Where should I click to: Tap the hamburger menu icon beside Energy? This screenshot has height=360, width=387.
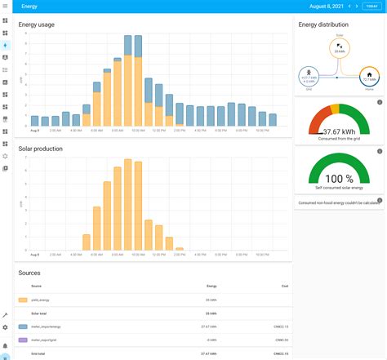click(x=6, y=6)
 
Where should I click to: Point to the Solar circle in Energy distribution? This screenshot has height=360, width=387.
click(x=339, y=47)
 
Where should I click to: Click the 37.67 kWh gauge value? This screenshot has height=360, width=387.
click(x=339, y=131)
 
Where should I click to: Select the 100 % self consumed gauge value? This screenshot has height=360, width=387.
click(x=339, y=179)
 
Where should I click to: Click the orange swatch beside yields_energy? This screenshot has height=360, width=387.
click(x=22, y=300)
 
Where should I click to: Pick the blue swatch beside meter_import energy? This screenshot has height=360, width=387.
click(x=22, y=326)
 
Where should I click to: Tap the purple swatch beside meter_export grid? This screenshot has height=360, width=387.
click(x=22, y=340)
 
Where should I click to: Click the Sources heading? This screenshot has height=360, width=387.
click(x=29, y=273)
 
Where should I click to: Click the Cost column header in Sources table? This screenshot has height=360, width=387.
click(x=284, y=286)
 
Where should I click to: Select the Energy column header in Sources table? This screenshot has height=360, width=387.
click(x=211, y=286)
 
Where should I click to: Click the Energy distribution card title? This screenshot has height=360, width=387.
click(x=323, y=24)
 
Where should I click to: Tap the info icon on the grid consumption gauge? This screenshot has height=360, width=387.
click(x=380, y=102)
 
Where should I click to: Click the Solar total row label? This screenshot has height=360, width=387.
click(x=39, y=313)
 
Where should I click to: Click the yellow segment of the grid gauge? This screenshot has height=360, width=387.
click(x=334, y=109)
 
